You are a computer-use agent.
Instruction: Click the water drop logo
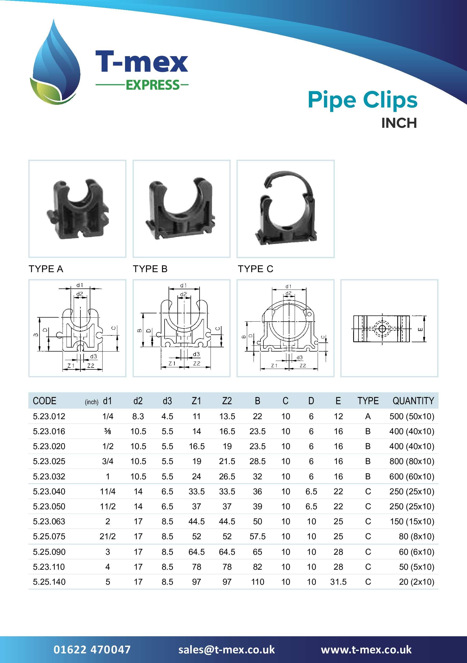click(x=55, y=65)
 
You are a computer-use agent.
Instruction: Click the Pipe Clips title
click(x=362, y=100)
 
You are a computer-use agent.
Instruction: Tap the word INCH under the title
click(x=399, y=123)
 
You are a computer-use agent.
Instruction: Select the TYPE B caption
click(x=150, y=269)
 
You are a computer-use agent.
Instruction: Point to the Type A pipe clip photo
click(x=77, y=209)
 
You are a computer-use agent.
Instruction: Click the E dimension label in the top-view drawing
click(x=420, y=329)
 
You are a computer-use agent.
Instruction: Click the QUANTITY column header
click(x=413, y=401)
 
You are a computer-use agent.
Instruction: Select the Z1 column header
click(x=196, y=401)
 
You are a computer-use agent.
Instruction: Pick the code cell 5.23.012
click(x=49, y=417)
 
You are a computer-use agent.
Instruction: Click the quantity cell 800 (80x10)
click(x=412, y=461)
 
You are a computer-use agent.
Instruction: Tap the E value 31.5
click(x=338, y=581)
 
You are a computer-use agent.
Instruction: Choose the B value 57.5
click(x=258, y=536)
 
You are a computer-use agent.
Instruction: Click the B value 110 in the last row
click(x=258, y=581)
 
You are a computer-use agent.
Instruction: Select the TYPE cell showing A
click(x=368, y=417)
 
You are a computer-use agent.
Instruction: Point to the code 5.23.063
click(x=49, y=521)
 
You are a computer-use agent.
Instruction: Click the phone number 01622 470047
click(x=92, y=649)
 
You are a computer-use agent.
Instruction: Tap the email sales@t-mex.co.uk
click(x=227, y=649)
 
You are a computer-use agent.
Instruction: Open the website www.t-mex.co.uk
click(x=366, y=649)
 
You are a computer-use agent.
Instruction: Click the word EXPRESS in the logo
click(x=153, y=85)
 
